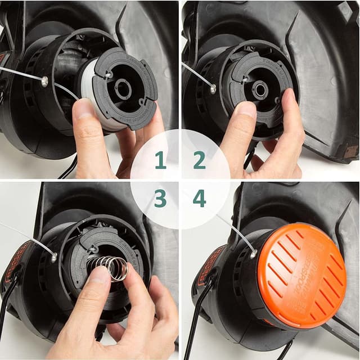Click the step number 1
coord(160,160)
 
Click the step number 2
coord(199,160)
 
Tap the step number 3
coord(160,199)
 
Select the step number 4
coord(199,199)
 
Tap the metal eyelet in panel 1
coord(44,82)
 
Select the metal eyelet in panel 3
coord(54,258)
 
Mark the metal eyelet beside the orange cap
coord(253,254)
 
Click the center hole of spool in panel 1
coord(123,89)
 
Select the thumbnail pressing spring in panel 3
coord(100,276)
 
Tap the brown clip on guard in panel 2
coord(349,151)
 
